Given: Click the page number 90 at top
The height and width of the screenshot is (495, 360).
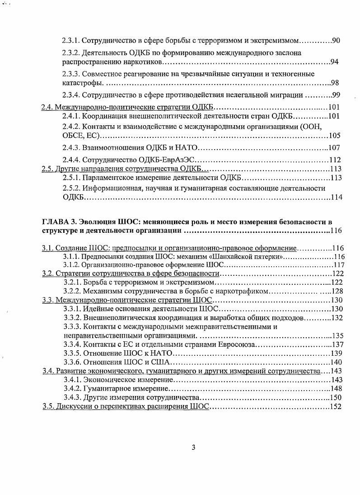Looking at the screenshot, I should click(x=336, y=41).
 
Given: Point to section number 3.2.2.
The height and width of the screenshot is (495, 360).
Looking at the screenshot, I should click(x=71, y=291).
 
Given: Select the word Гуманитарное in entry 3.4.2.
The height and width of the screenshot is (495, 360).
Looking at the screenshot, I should click(x=106, y=389).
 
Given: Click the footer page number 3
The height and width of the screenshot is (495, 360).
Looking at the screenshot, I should click(x=193, y=448).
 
